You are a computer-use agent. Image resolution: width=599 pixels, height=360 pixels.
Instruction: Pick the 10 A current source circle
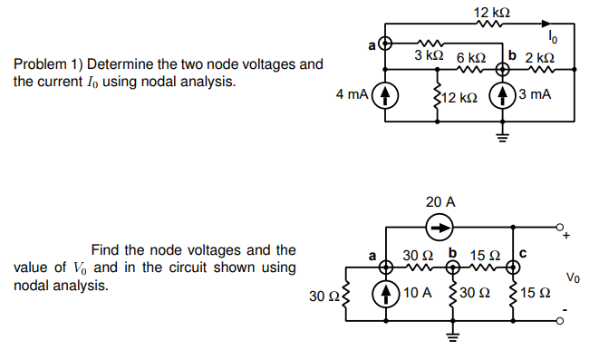point(388,294)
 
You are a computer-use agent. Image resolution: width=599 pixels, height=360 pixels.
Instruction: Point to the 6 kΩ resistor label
point(472,56)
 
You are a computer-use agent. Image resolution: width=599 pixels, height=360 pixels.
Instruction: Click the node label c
point(520,255)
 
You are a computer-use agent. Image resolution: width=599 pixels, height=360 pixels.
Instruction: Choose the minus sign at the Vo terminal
point(569,319)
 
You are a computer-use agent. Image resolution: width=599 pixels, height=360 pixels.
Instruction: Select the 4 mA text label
point(353,95)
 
